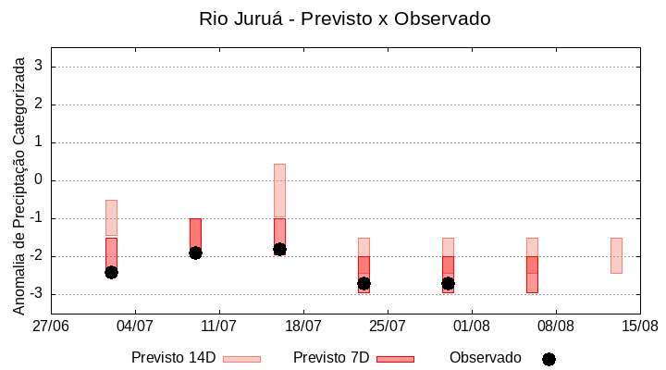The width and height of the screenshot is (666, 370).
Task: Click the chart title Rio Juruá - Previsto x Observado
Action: click(344, 18)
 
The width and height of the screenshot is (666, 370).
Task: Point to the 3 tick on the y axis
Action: click(40, 67)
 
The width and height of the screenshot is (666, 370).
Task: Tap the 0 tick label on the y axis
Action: click(40, 180)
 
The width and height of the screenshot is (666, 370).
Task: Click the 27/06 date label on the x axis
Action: click(51, 326)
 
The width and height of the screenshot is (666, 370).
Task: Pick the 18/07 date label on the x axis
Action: click(303, 326)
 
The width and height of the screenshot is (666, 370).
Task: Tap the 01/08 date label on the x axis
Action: click(472, 326)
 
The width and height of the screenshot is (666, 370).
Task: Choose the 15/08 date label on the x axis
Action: click(640, 326)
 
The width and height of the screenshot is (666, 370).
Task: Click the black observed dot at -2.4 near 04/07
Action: click(111, 272)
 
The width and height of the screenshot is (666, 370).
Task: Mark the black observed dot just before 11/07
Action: click(195, 253)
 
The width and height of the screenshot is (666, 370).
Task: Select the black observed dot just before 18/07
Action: click(279, 249)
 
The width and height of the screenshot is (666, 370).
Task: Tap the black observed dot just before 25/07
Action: click(364, 283)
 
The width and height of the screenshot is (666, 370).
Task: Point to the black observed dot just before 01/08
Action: click(448, 283)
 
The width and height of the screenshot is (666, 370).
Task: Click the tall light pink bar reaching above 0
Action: click(279, 191)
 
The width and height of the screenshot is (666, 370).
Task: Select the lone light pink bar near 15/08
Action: click(616, 255)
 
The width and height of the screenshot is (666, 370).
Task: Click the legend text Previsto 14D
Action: click(173, 358)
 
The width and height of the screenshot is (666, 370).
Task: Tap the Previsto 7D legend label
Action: click(330, 358)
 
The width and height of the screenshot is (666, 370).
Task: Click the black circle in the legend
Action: click(549, 359)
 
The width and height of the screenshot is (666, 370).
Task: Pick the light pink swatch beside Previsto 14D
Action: click(241, 359)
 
